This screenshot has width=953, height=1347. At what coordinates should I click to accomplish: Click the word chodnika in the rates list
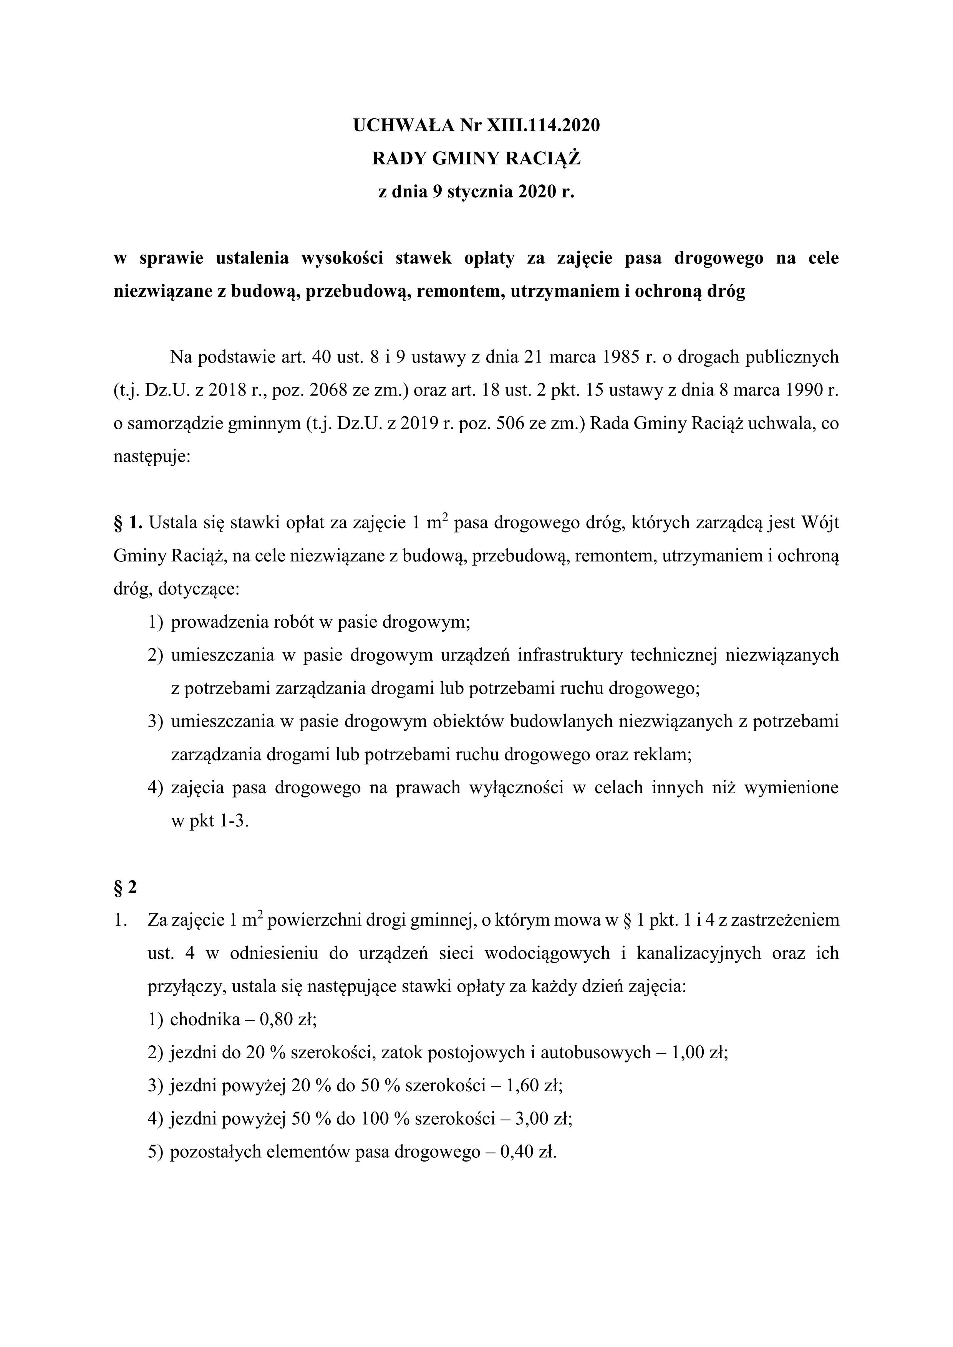point(205,1019)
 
